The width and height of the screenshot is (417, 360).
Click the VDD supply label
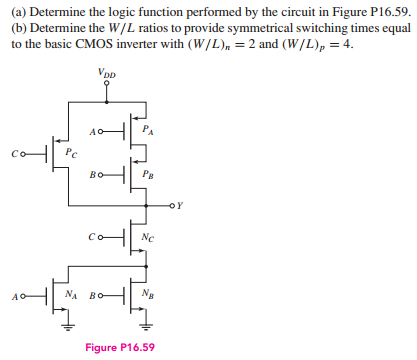[x=106, y=72]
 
